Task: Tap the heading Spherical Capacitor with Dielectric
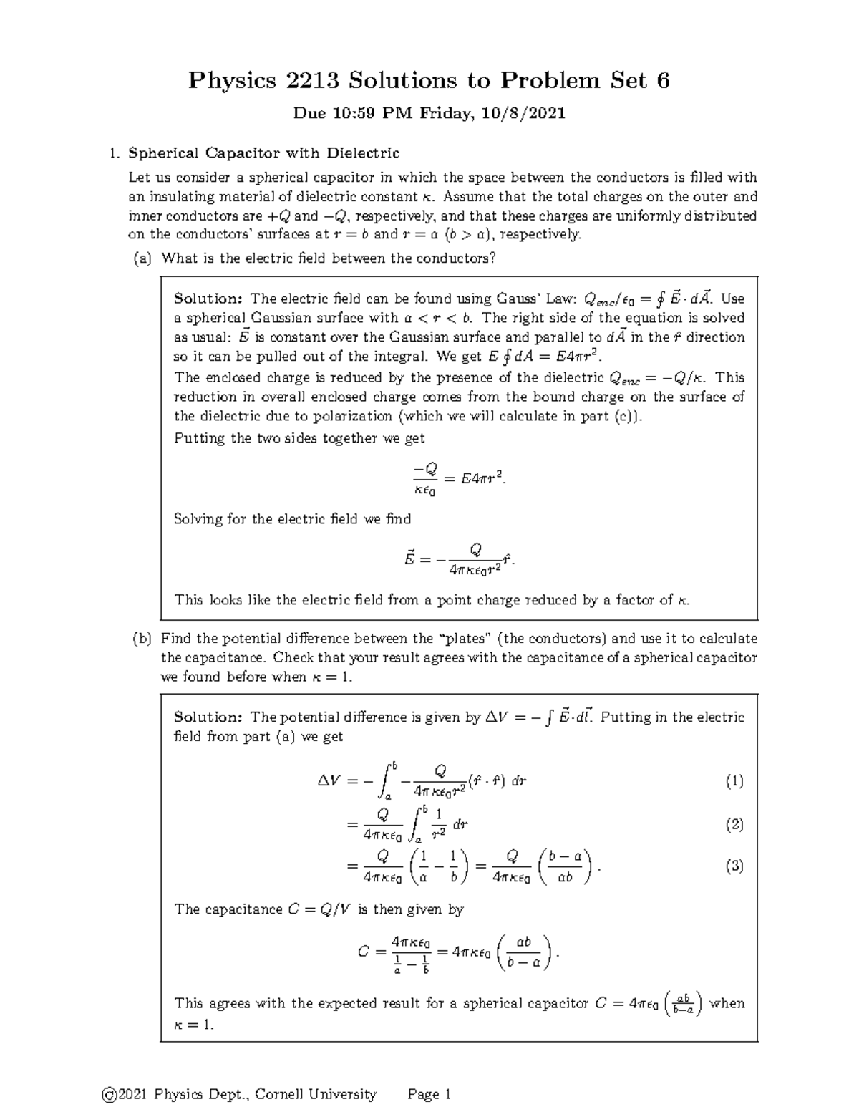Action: [x=263, y=153]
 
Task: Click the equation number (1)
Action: [x=734, y=781]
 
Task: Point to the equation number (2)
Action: [x=734, y=825]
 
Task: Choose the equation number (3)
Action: [x=734, y=866]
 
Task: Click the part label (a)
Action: [x=142, y=258]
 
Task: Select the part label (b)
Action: [x=142, y=638]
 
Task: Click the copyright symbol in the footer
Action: [x=110, y=1094]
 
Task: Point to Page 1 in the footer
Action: [x=429, y=1094]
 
